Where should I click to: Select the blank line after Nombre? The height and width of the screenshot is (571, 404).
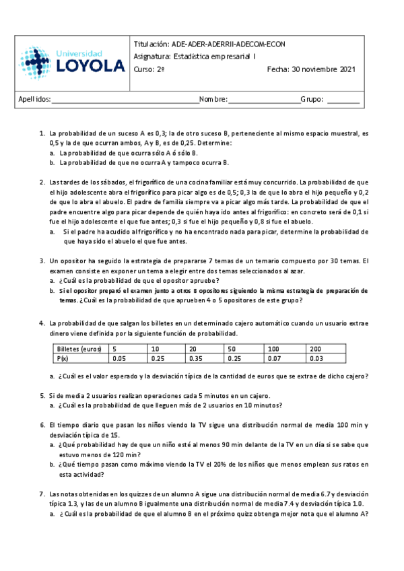click(x=265, y=100)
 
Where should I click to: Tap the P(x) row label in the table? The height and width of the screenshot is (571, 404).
click(x=63, y=360)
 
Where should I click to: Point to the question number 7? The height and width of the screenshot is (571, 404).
click(x=42, y=494)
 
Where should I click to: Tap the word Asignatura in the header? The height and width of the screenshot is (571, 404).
click(x=152, y=57)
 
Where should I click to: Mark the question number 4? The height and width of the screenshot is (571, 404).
click(x=42, y=324)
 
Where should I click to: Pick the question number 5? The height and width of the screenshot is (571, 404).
click(x=42, y=396)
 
